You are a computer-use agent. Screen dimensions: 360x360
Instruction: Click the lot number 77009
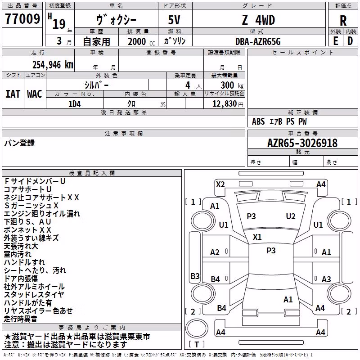coord(22,18)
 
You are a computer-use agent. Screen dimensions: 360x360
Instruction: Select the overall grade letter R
coord(343,21)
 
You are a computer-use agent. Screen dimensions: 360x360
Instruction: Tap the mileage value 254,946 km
coord(53,64)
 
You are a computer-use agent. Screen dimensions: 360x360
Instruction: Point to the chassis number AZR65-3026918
coord(302,143)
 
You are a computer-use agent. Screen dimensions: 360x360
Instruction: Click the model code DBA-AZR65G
coord(258,41)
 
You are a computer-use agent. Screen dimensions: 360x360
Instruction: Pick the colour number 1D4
coord(75,104)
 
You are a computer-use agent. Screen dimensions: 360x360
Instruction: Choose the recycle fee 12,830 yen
coord(228,104)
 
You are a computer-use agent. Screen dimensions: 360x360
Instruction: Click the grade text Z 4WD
coord(258,20)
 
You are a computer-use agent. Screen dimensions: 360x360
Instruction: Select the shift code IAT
coord(13,94)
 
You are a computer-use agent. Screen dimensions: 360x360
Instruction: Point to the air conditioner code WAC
coord(35,94)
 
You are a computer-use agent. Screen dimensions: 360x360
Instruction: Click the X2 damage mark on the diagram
coord(220,184)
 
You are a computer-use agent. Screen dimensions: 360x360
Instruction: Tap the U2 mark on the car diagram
coord(290,216)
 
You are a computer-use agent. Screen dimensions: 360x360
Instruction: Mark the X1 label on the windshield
coord(257,237)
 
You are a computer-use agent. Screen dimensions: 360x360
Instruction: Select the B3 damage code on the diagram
coord(195,276)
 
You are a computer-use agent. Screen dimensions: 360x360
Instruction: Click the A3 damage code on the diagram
coord(326,279)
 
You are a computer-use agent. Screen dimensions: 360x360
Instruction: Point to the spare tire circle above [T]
coord(197,328)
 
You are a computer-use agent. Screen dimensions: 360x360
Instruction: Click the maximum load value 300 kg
coord(232,85)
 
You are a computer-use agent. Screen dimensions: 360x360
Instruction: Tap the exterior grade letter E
coord(336,41)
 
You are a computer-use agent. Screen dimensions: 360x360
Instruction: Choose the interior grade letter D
coord(350,41)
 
